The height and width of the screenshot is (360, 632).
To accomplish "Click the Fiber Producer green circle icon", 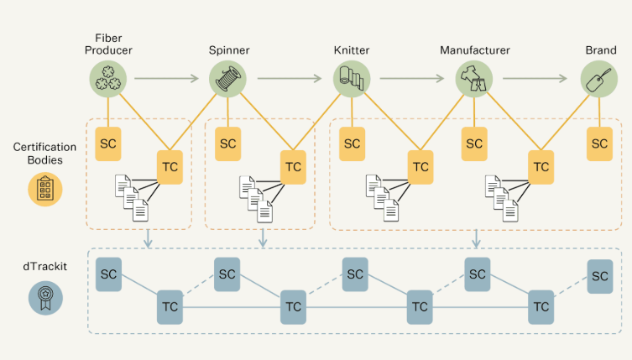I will point(108,81).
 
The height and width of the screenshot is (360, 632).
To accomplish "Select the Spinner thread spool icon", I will point(227,81).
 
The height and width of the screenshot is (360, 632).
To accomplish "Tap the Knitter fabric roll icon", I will point(352,81).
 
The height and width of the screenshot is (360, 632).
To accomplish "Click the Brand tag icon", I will point(599,81).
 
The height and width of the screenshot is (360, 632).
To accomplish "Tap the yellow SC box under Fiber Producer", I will point(108,143).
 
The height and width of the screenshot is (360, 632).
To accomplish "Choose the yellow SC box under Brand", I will point(599,143).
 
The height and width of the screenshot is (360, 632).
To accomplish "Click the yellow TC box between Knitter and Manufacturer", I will point(420,167).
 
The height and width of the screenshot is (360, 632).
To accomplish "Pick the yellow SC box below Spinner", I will point(227,143).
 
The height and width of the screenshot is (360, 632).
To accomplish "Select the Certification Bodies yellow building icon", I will point(45,189).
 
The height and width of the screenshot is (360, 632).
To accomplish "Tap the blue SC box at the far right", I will point(599,276).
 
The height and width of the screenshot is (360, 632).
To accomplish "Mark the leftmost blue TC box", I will point(170,307).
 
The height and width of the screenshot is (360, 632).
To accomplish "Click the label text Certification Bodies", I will point(39,154).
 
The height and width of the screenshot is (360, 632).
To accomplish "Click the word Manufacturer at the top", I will point(474,50).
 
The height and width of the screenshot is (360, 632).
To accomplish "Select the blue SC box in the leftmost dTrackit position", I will point(108,274).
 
